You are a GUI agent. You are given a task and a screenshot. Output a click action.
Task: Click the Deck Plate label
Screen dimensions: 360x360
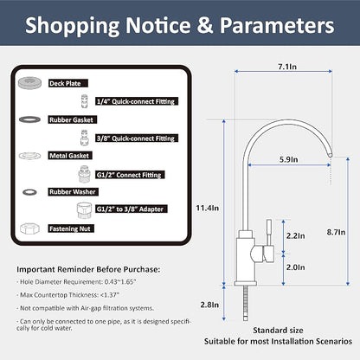point(68,83)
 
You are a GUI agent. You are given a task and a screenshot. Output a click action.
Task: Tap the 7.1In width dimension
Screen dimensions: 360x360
point(287,67)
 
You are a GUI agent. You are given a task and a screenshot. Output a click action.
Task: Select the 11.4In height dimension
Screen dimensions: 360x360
point(208,208)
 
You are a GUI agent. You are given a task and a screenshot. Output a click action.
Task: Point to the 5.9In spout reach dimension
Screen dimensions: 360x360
point(288,159)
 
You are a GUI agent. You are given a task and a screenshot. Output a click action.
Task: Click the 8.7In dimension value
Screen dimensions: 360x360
point(336,232)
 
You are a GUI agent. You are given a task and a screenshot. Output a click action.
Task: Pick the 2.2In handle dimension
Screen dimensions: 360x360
point(295,235)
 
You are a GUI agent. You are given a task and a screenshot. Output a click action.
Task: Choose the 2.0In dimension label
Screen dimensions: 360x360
point(295,267)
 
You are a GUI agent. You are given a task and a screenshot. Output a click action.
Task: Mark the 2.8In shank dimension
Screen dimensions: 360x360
point(209,305)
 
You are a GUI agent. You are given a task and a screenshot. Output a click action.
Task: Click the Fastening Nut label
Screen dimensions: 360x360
point(71,228)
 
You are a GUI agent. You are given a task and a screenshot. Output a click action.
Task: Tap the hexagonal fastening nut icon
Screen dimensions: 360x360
point(29,229)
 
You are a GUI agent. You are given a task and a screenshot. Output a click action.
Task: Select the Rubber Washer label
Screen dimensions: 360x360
point(74,192)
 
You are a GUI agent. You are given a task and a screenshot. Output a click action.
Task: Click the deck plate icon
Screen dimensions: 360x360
point(29,83)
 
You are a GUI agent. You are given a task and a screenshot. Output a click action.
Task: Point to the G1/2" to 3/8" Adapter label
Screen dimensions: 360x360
point(132,209)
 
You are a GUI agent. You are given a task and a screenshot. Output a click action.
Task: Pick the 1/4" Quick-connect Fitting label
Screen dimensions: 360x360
point(137,101)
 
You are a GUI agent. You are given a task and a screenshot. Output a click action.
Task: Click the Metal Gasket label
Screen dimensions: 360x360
point(70,156)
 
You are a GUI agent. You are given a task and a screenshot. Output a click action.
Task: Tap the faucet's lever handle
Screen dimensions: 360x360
point(269,241)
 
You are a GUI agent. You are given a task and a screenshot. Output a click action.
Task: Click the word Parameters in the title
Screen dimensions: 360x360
point(277,25)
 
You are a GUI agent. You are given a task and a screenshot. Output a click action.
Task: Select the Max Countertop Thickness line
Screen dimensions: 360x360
point(67,295)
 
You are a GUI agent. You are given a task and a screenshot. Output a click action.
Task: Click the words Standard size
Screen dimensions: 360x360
point(278,331)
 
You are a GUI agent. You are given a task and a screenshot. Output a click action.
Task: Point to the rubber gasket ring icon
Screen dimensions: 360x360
point(29,119)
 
